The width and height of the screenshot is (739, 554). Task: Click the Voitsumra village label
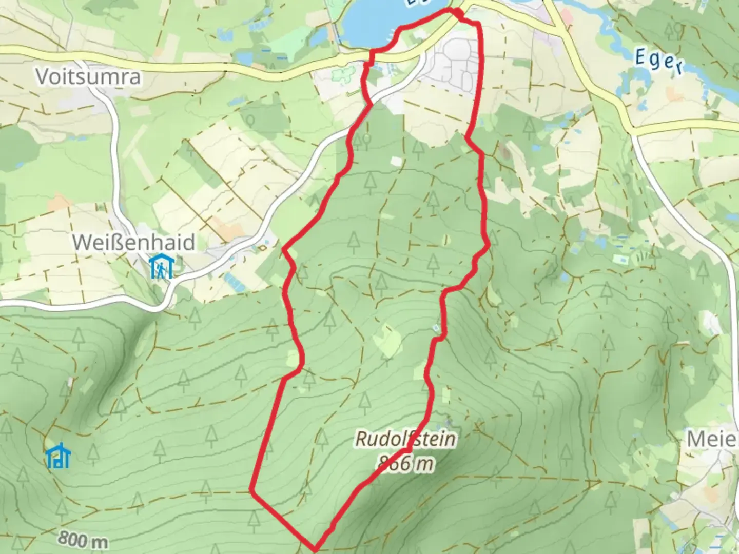pyautogui.click(x=88, y=77)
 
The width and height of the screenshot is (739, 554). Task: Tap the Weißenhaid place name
pyautogui.click(x=133, y=242)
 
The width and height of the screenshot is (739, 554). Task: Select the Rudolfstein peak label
pyautogui.click(x=405, y=439)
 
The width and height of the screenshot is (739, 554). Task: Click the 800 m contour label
pyautogui.click(x=83, y=540)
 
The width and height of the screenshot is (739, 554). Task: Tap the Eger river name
pyautogui.click(x=659, y=61)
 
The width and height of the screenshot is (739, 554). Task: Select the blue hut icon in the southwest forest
pyautogui.click(x=58, y=456)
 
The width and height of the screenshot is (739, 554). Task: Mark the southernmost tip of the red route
pyautogui.click(x=315, y=548)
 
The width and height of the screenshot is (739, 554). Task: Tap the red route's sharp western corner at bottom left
pyautogui.click(x=252, y=490)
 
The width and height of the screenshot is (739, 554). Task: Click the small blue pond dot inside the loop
pyautogui.click(x=436, y=327)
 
